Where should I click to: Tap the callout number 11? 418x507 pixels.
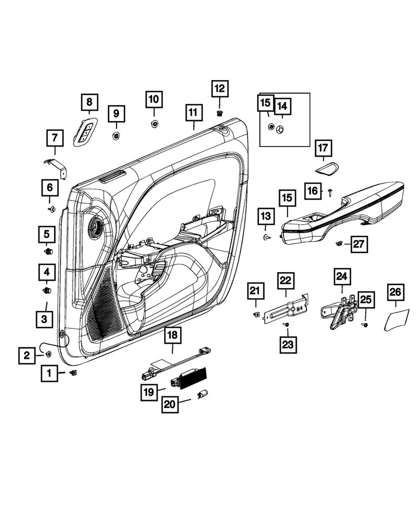click(x=192, y=113)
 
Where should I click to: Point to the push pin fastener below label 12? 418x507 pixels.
click(x=219, y=113)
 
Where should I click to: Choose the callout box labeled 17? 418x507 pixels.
click(x=323, y=149)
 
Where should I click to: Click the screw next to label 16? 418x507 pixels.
click(x=330, y=192)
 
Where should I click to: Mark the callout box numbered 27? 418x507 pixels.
click(x=359, y=244)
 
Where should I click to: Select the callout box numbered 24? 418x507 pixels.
click(x=341, y=277)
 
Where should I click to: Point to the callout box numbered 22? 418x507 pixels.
click(x=286, y=280)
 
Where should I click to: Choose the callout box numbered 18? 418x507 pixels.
click(x=172, y=335)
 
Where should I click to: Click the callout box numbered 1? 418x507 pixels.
click(x=50, y=374)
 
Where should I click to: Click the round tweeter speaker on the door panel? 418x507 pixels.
click(x=94, y=226)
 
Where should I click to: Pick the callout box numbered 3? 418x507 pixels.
click(x=44, y=319)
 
